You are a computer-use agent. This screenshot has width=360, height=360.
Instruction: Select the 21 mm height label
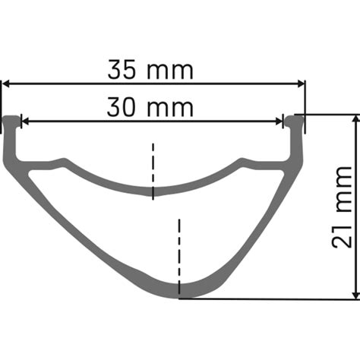point(341,206)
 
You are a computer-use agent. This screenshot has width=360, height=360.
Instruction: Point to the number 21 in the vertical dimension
point(341,231)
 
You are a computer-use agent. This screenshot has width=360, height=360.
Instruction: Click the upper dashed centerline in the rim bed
point(153,170)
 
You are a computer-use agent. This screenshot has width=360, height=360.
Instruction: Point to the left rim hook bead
point(11,121)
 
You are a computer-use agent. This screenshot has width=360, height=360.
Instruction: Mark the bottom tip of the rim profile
point(179,295)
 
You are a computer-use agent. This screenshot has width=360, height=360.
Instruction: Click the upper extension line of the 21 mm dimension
point(327,115)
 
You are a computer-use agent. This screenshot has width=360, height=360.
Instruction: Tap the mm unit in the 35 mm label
point(172,70)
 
